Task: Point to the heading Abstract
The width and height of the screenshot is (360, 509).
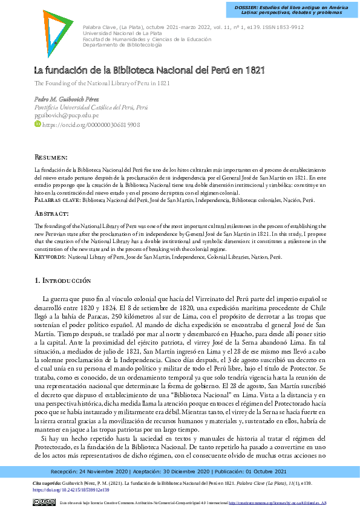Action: pyautogui.click(x=51, y=214)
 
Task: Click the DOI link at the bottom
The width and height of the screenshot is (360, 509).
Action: pyautogui.click(x=62, y=490)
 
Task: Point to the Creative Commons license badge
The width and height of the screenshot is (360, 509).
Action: pyautogui.click(x=45, y=502)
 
